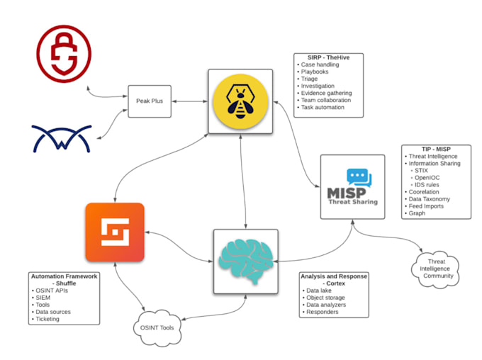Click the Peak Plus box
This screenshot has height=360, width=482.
(x=150, y=101)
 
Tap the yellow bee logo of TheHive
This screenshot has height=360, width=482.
(x=240, y=101)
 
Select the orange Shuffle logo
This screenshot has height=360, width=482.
(x=114, y=232)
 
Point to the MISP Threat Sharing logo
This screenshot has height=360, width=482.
(x=352, y=187)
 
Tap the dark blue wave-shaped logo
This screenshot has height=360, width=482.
(x=62, y=138)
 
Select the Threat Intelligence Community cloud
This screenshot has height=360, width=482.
(x=435, y=268)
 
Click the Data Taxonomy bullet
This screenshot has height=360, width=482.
(x=430, y=198)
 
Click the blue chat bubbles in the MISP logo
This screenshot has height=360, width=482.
(x=359, y=177)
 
